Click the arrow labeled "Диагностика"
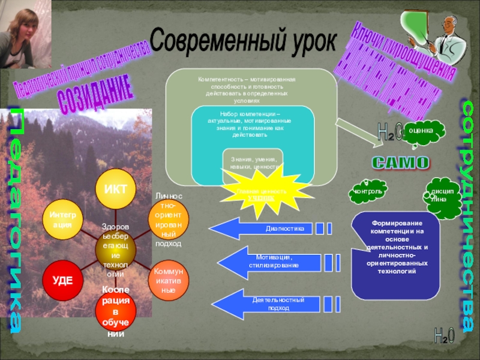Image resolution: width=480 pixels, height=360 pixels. [264, 229]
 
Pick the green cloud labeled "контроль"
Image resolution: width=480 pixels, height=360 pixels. [367, 192]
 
